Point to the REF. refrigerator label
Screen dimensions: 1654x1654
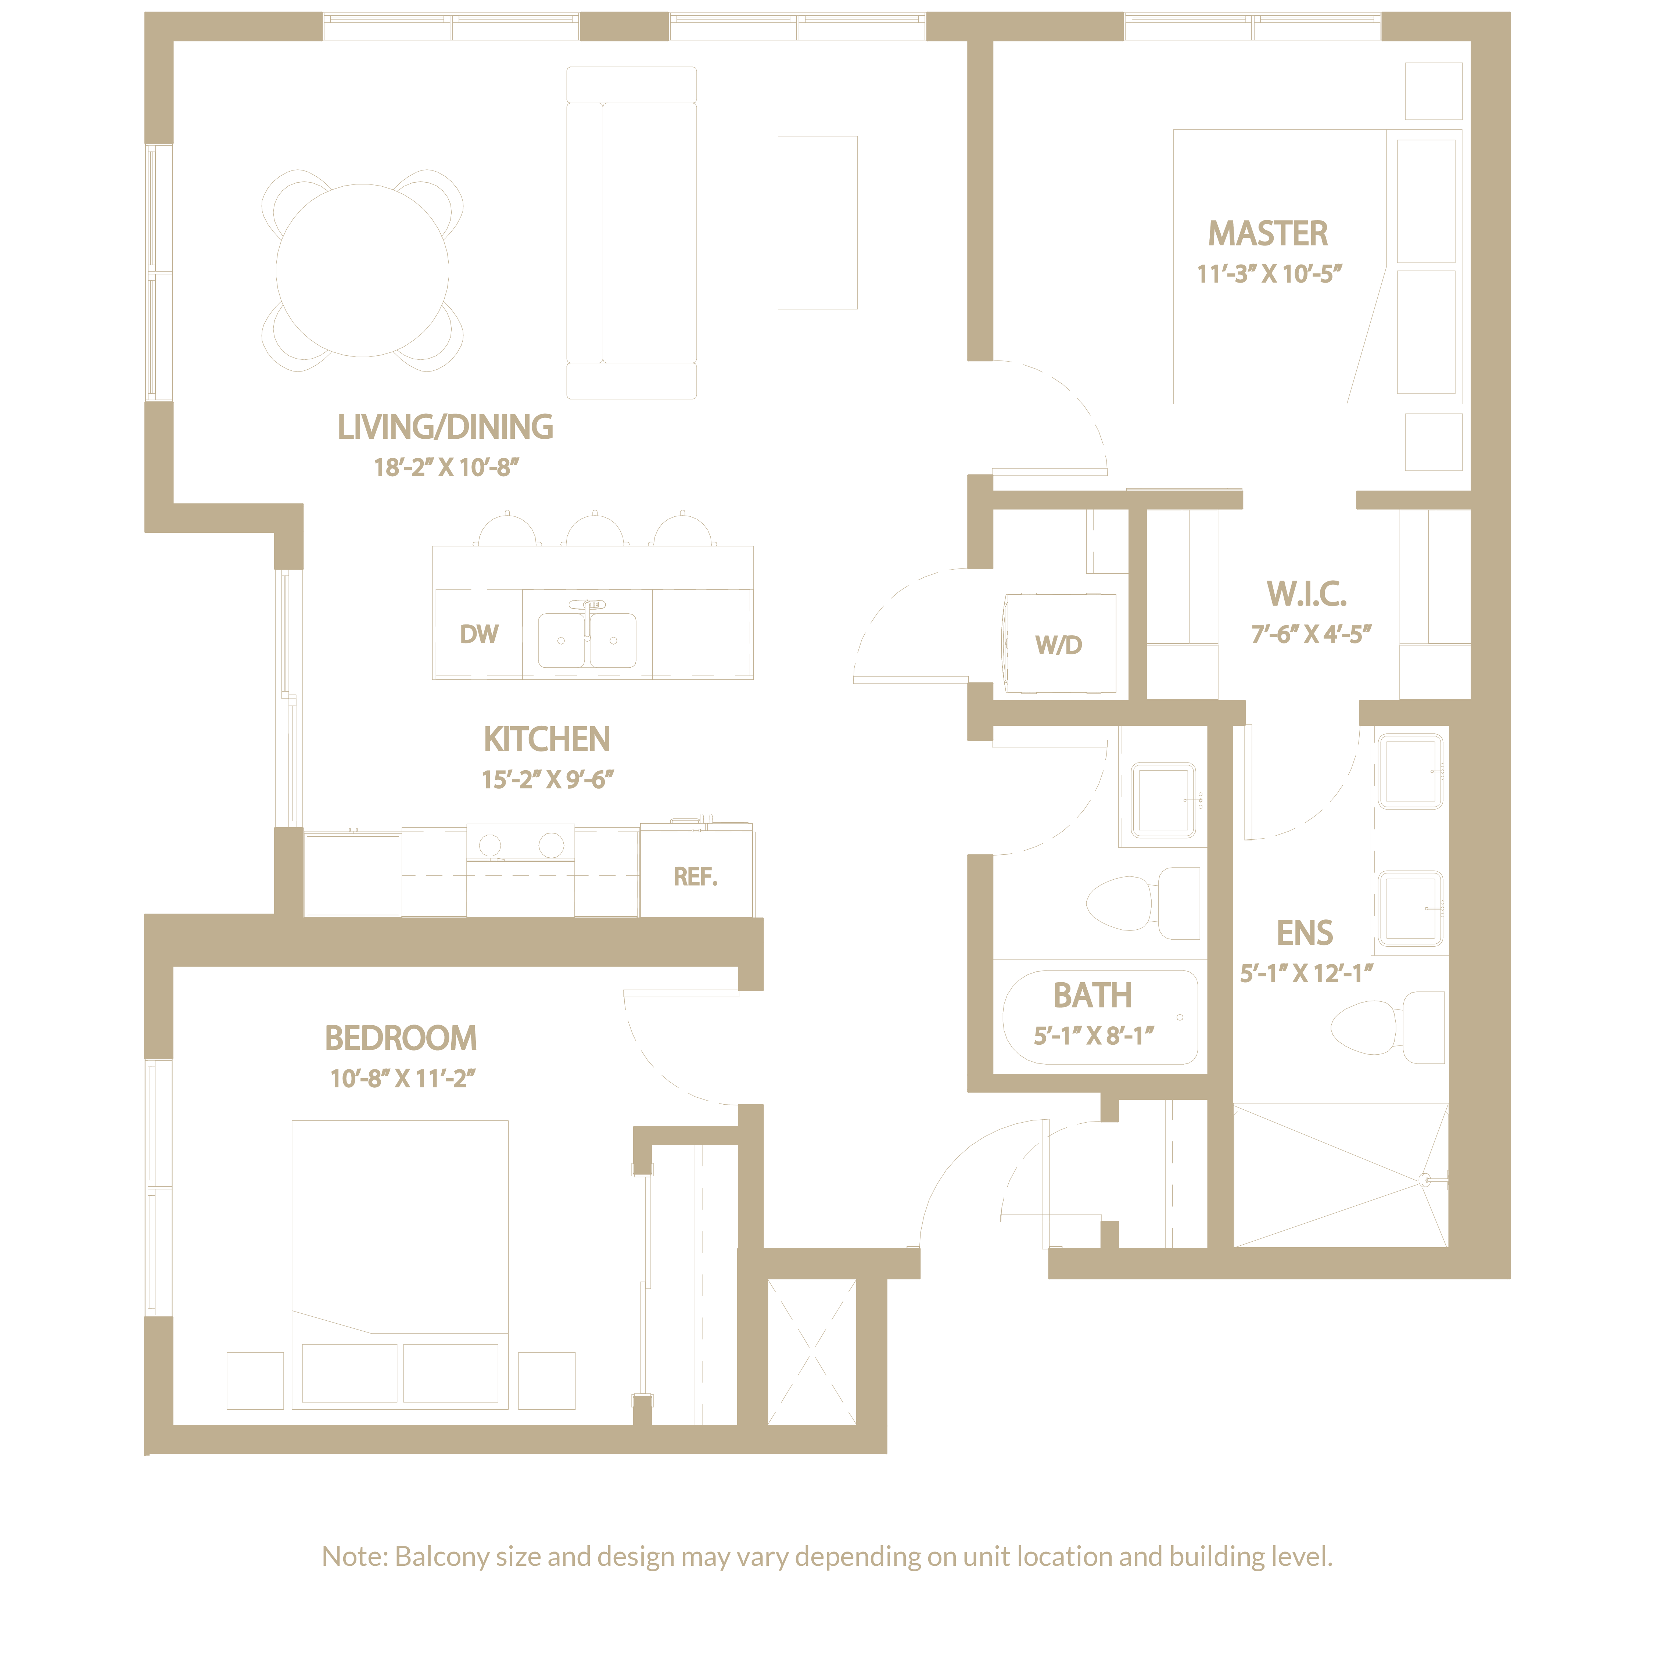(695, 877)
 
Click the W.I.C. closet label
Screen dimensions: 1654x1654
(1306, 593)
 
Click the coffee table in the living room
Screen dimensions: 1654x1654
(818, 223)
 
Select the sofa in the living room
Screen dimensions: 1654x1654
(632, 233)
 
